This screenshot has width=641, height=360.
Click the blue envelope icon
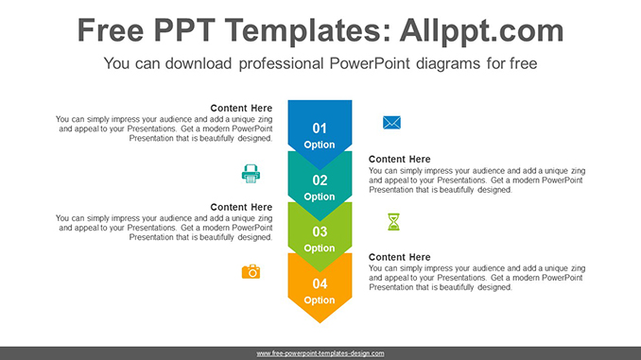pos(391,122)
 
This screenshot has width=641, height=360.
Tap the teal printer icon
pos(251,173)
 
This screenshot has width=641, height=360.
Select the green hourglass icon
pos(393,222)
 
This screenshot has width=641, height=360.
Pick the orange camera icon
pos(251,272)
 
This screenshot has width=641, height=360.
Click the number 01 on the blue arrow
pos(320,129)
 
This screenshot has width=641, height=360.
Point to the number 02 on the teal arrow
pos(320,180)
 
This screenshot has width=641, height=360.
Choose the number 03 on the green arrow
pos(320,231)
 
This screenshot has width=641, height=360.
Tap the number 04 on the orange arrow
pos(320,283)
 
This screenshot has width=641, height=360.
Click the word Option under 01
pos(320,146)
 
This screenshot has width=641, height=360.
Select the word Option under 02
pos(320,197)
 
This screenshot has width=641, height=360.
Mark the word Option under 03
pos(320,249)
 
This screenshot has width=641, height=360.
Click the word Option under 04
pos(320,300)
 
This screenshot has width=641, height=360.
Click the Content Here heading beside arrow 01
pos(241,109)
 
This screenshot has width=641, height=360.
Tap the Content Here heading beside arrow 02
pos(399,159)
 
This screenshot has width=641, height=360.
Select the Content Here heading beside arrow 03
pos(241,207)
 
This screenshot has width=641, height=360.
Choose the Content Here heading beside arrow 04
pos(399,257)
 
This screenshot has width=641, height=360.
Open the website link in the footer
pos(320,352)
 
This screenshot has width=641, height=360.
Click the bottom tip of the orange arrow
pos(320,322)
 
